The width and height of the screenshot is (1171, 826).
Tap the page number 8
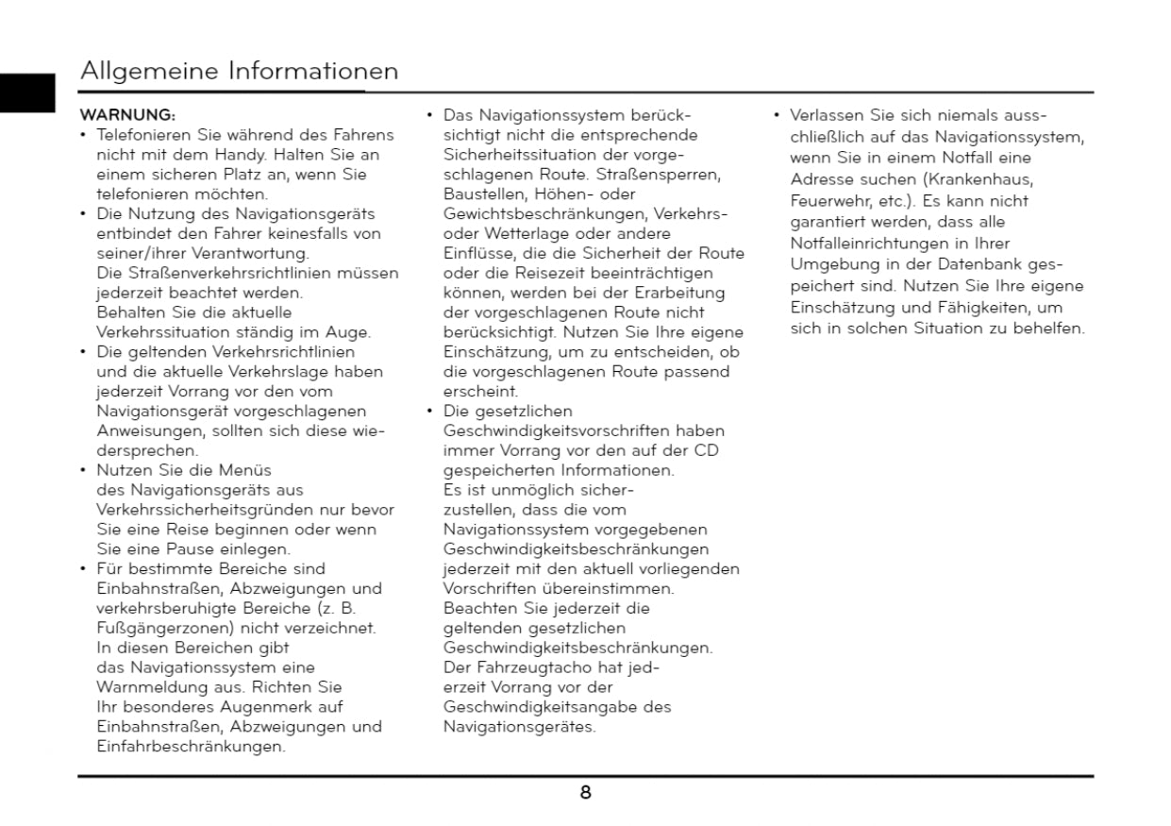(x=585, y=793)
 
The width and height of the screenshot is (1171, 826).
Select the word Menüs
(x=244, y=470)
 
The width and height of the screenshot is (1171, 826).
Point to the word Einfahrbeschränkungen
(x=190, y=747)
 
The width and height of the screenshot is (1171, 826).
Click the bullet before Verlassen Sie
(x=777, y=116)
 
